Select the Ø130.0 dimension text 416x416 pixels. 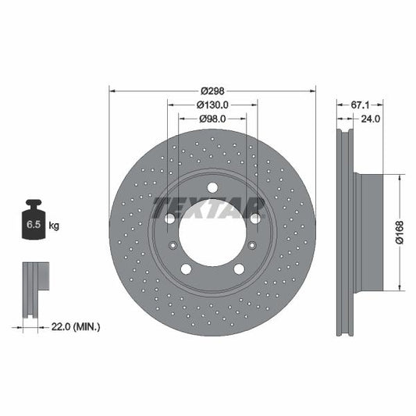pos(212,103)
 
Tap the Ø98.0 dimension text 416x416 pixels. pos(212,119)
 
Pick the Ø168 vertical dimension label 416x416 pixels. pos(400,230)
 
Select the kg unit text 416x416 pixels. pos(55,226)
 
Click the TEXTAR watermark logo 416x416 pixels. pos(208,208)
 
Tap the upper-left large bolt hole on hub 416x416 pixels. pos(170,218)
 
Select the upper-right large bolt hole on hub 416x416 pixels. pos(254,218)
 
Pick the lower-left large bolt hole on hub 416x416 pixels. pos(186,268)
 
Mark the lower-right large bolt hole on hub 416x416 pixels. pos(239,268)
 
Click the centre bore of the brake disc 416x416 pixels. pos(212,232)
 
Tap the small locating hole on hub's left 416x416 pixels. pos(172,246)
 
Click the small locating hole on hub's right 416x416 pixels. pos(252,246)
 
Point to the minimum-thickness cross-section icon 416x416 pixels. pos(34,290)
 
